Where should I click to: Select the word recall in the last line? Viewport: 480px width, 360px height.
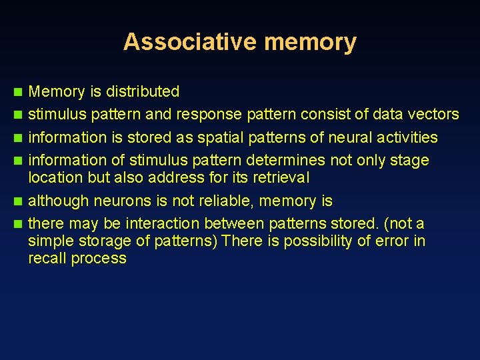click(46, 258)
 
